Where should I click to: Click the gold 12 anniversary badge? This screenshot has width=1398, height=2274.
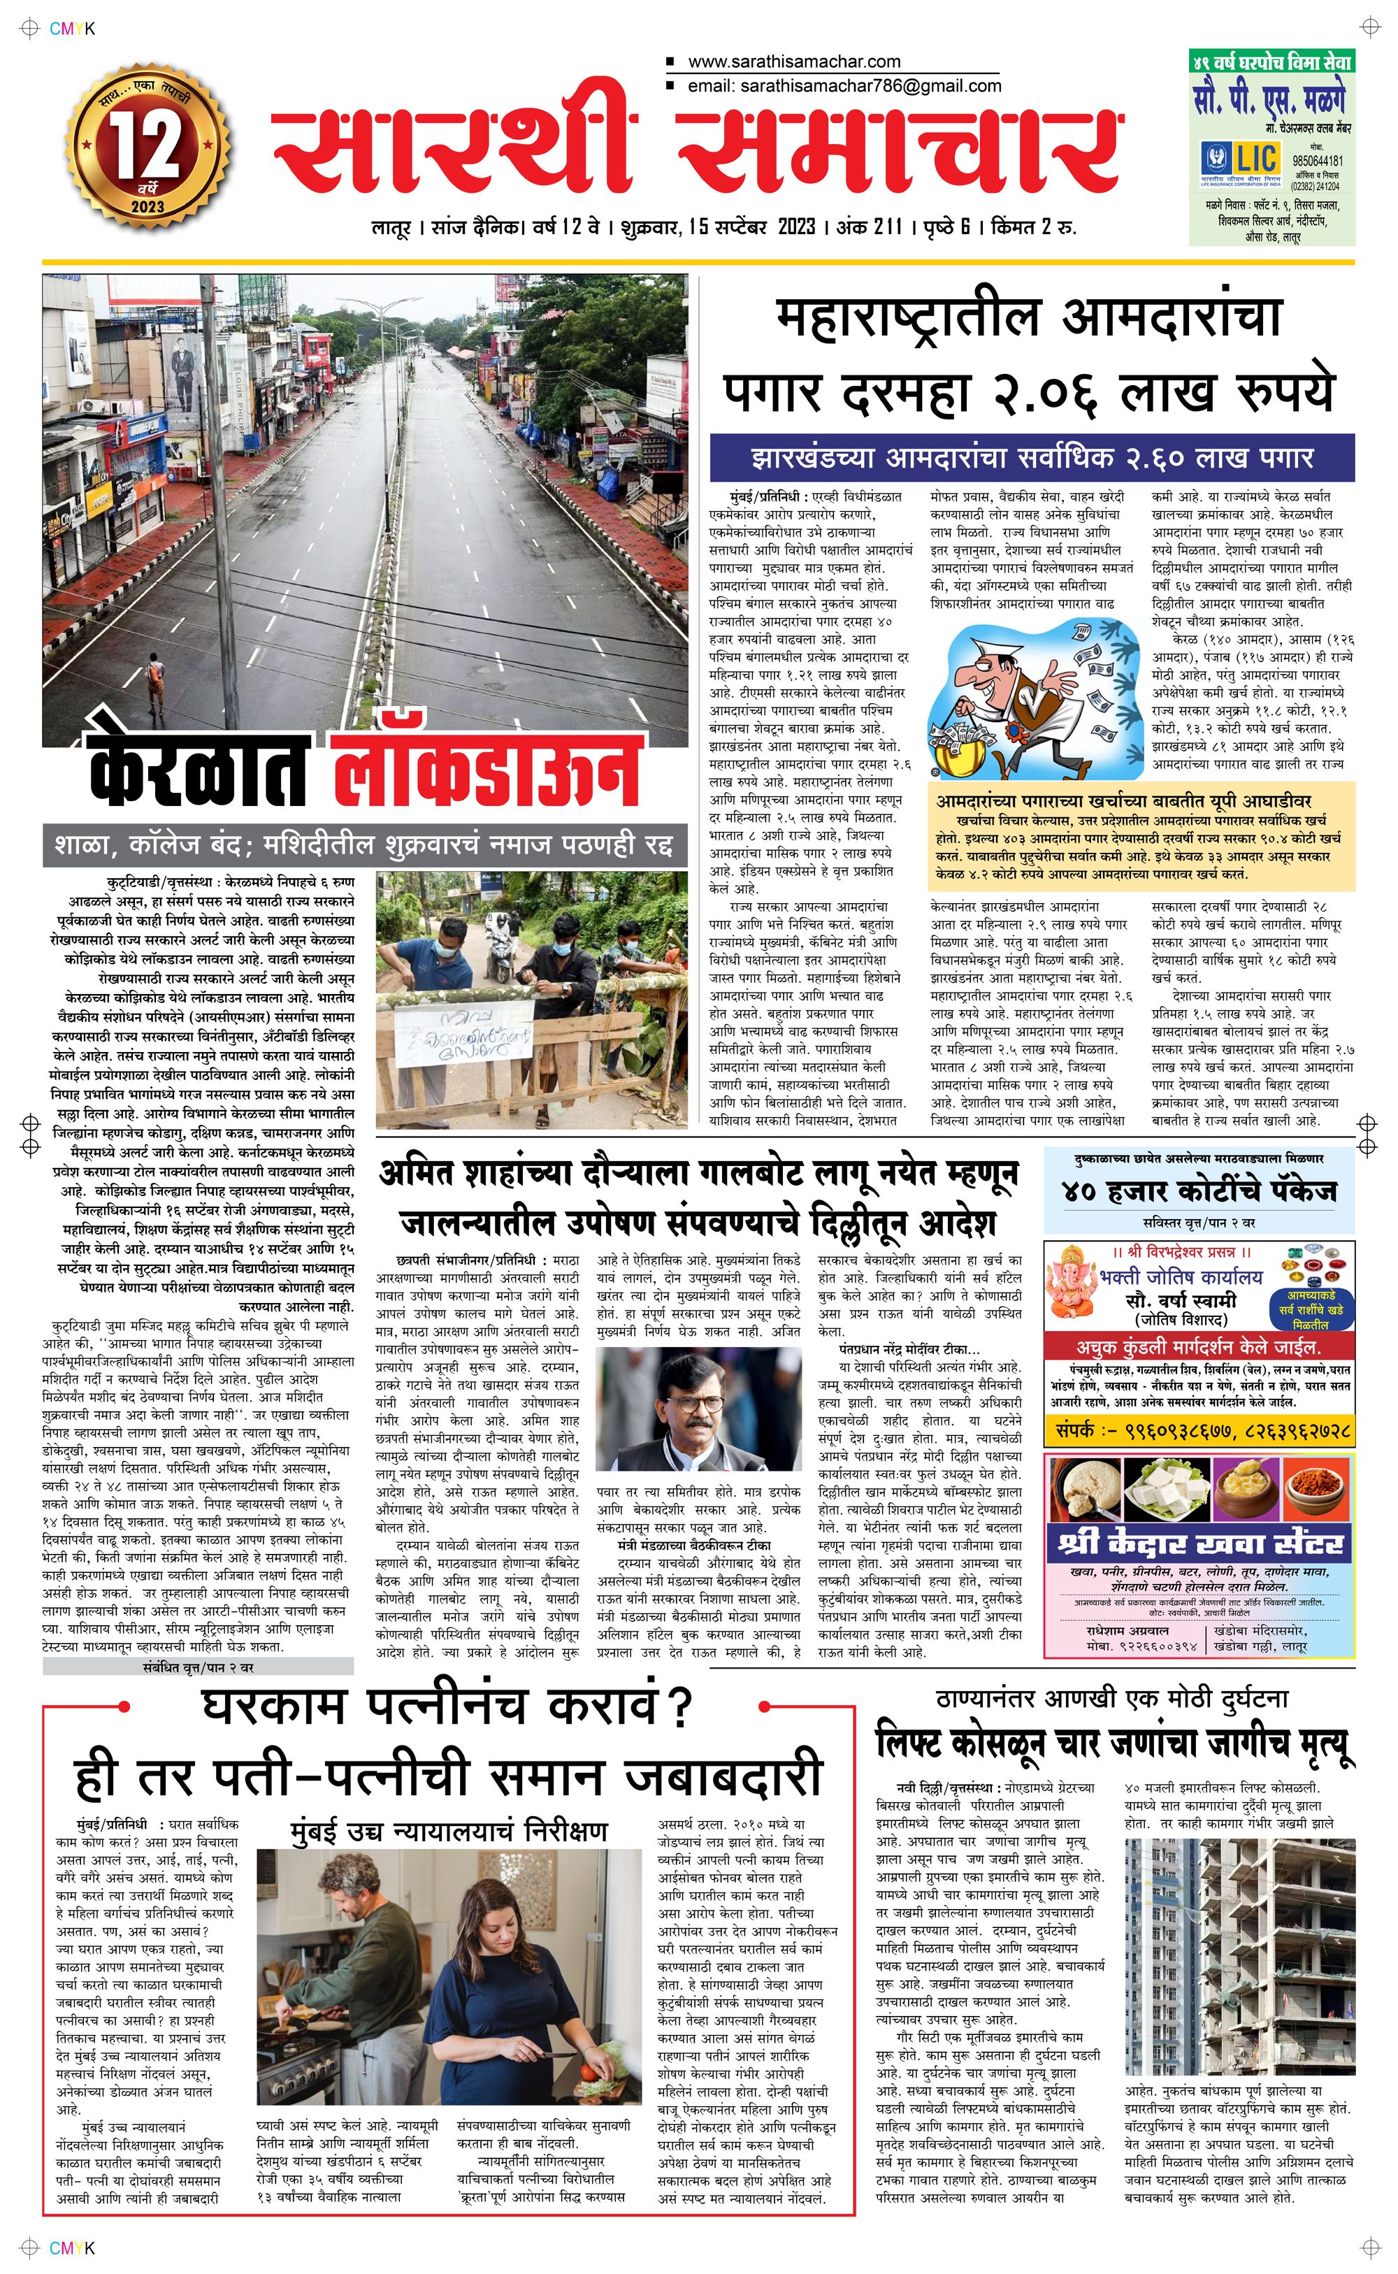[x=148, y=146]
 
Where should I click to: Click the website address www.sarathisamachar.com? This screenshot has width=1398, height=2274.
[x=793, y=62]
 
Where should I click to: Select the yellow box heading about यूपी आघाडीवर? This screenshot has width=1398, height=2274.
[x=1123, y=800]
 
